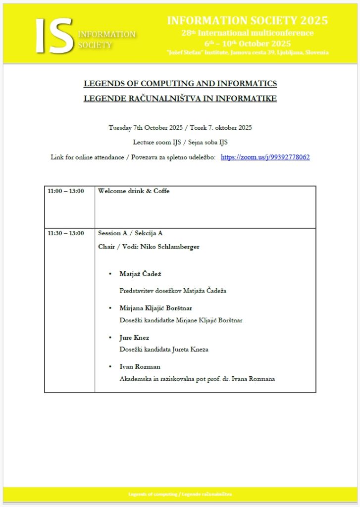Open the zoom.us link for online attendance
pyautogui.click(x=265, y=157)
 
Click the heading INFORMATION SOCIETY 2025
pyautogui.click(x=247, y=21)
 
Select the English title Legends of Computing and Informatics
pyautogui.click(x=180, y=83)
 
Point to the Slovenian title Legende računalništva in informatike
pyautogui.click(x=180, y=98)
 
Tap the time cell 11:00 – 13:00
pyautogui.click(x=66, y=191)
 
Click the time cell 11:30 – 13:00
pyautogui.click(x=66, y=233)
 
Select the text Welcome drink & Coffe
pyautogui.click(x=134, y=191)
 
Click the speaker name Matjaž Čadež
pyautogui.click(x=141, y=274)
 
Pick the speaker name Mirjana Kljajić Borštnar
pyautogui.click(x=155, y=308)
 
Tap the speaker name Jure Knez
pyautogui.click(x=134, y=338)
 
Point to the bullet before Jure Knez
pyautogui.click(x=109, y=338)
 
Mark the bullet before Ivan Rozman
pyautogui.click(x=109, y=367)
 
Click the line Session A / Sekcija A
pyautogui.click(x=130, y=233)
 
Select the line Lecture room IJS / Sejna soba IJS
pyautogui.click(x=180, y=142)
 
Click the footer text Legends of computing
pyautogui.click(x=153, y=495)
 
